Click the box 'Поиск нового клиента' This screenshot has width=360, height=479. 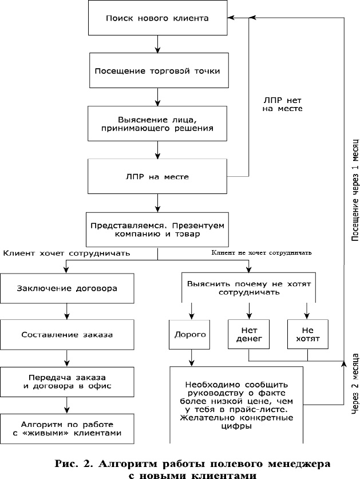click(157, 18)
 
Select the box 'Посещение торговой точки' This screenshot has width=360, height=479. click(157, 72)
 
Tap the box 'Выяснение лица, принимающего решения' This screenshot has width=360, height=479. click(157, 124)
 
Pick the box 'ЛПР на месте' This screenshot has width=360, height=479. click(157, 177)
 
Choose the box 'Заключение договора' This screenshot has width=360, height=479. click(67, 288)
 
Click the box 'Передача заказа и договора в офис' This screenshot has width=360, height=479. click(67, 381)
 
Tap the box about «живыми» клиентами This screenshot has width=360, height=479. click(67, 429)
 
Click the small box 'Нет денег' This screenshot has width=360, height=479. click(248, 334)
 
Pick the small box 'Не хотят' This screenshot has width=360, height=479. click(308, 334)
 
